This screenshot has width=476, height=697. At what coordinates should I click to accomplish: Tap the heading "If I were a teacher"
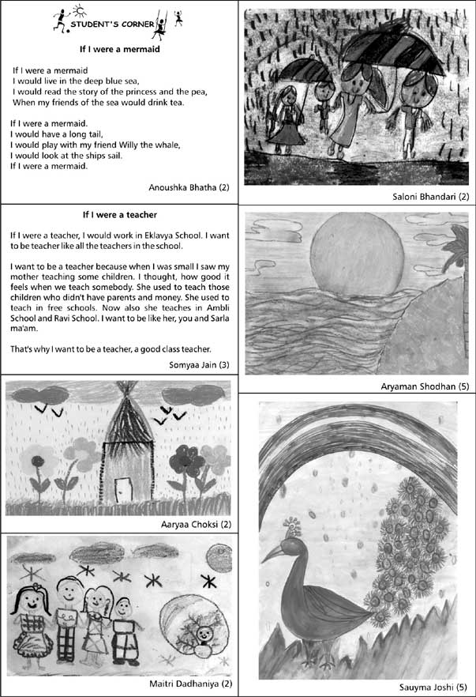[x=120, y=214]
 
